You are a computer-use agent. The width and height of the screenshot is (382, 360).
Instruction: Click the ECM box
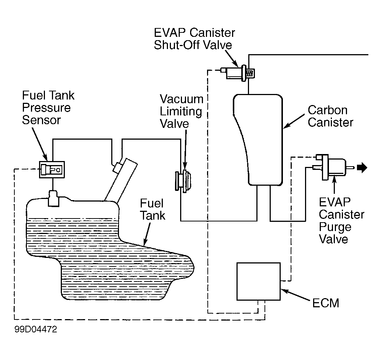tap(258, 281)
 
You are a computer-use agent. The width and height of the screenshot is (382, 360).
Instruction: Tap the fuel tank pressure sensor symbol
tap(52, 170)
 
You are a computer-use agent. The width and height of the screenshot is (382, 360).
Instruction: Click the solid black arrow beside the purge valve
tap(362, 168)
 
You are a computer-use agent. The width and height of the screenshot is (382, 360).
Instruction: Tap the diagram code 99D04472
tap(36, 329)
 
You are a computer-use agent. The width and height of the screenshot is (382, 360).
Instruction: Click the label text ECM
tap(325, 304)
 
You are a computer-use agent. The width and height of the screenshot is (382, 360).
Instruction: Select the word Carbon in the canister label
tap(327, 110)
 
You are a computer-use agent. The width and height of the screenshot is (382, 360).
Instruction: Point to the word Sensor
tap(41, 120)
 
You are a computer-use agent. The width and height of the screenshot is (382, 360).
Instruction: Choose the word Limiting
tap(181, 111)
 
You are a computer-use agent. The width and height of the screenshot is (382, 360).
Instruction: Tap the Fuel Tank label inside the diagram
tap(152, 209)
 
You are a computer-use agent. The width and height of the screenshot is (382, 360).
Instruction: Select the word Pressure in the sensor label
tap(46, 108)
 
